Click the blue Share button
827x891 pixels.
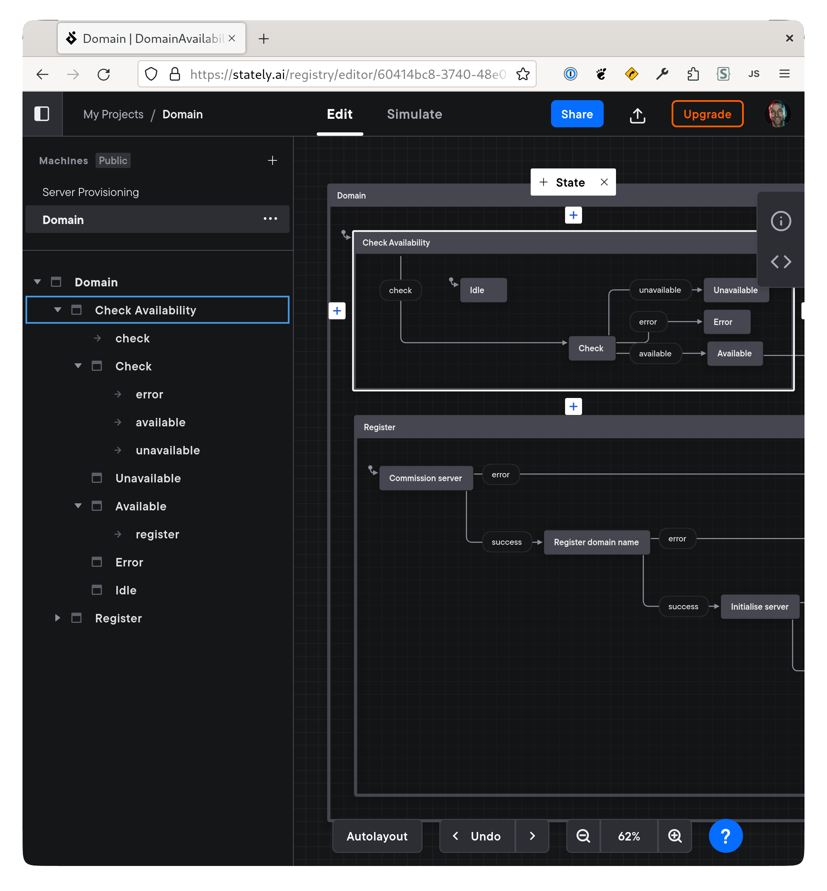tap(577, 114)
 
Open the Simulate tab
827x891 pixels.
tap(414, 114)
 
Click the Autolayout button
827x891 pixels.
tap(377, 836)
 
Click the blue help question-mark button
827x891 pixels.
tap(725, 836)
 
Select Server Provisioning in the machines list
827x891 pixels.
tap(90, 192)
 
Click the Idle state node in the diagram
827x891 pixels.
tap(483, 290)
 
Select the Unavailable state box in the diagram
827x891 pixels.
tap(735, 290)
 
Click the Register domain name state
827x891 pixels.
tap(596, 542)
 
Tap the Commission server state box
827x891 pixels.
tap(425, 478)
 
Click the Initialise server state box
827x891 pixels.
tap(759, 607)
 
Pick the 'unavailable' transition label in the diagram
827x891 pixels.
tap(660, 290)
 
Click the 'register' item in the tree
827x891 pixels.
tap(157, 534)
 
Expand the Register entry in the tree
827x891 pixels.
tap(58, 618)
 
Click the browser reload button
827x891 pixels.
tap(104, 74)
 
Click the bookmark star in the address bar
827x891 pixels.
tap(523, 74)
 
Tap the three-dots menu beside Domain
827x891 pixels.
tap(270, 219)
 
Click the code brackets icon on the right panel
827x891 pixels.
tap(780, 262)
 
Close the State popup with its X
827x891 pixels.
tap(604, 182)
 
